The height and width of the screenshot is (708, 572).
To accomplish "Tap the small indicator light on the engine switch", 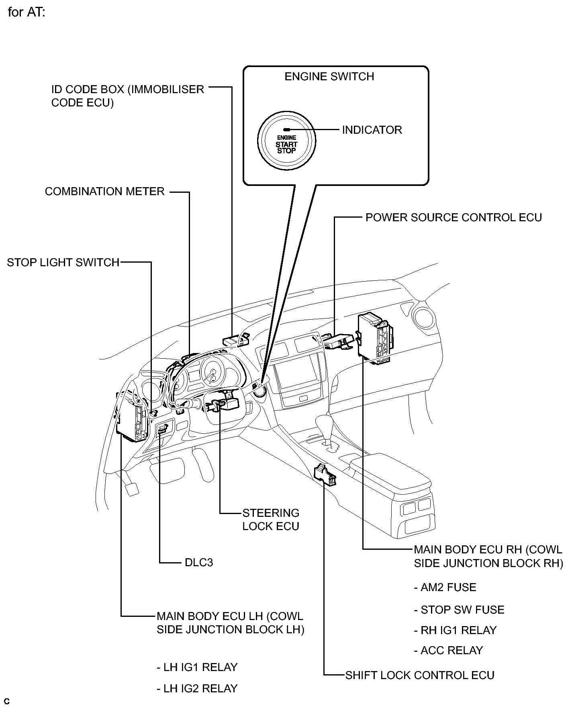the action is [x=287, y=130].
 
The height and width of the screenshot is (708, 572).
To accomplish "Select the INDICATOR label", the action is [x=372, y=130].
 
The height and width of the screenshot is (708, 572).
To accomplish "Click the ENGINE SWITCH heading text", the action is [x=329, y=77].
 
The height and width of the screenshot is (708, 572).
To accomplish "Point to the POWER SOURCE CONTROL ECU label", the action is [x=454, y=218].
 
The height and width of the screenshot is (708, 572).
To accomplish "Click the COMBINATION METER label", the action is [x=105, y=192].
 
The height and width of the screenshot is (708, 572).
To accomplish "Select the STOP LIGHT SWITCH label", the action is [x=63, y=263].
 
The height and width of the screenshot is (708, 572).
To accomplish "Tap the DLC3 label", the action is [x=199, y=562].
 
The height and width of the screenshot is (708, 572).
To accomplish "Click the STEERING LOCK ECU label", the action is [x=271, y=520].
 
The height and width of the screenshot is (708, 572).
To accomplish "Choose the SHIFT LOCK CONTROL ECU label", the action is [x=420, y=675].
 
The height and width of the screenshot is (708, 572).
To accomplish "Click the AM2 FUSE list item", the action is [x=445, y=588].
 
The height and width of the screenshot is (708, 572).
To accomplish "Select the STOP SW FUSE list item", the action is [x=459, y=610].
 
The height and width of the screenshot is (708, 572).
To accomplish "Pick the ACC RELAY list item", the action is [x=448, y=651].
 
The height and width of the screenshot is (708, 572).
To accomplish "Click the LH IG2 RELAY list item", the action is [x=197, y=688].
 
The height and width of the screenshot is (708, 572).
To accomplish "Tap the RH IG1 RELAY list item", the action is [x=456, y=630].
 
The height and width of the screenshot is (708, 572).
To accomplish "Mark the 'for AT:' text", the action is [x=26, y=12].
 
